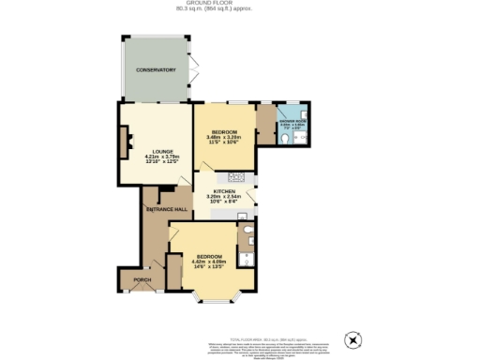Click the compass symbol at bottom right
352,338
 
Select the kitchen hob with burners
234,177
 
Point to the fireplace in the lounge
123,142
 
